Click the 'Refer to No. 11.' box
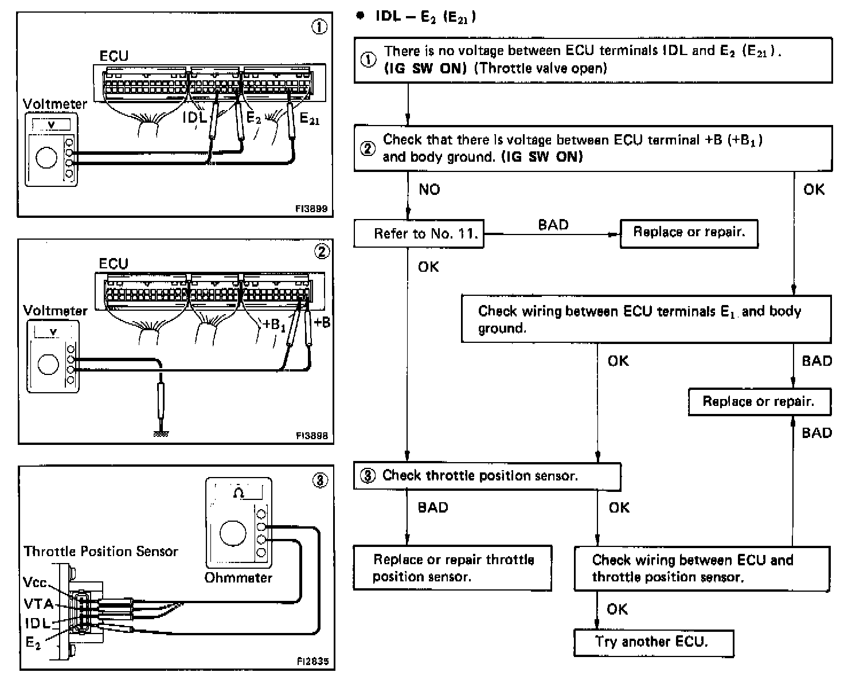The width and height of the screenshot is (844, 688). click(x=419, y=233)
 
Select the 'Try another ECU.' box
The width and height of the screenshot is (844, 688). click(x=653, y=642)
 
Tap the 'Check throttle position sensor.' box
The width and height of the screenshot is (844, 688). click(x=487, y=476)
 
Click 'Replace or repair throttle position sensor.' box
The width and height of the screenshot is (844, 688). click(x=452, y=568)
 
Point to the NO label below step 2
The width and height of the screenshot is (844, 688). click(x=429, y=190)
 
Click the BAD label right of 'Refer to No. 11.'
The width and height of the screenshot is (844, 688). click(x=553, y=225)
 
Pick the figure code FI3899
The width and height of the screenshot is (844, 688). click(x=311, y=209)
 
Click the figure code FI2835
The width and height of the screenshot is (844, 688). click(x=312, y=661)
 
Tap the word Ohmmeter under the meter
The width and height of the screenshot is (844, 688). click(x=238, y=577)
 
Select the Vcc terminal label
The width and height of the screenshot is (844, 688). click(x=35, y=582)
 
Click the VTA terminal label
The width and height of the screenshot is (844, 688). click(x=39, y=603)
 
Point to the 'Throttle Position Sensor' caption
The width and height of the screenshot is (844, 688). click(x=101, y=552)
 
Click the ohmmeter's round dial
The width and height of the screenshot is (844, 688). click(x=232, y=533)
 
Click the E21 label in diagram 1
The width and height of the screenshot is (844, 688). click(x=310, y=119)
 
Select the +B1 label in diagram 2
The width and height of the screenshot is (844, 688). click(x=274, y=324)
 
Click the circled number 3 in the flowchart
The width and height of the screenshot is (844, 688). click(x=368, y=476)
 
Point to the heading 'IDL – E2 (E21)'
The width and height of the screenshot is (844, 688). click(x=425, y=17)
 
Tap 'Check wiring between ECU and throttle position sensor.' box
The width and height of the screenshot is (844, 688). click(x=701, y=568)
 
